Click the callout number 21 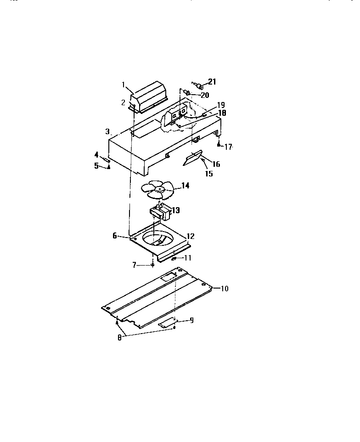212,82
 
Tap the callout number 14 186,186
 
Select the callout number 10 225,289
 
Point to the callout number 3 107,131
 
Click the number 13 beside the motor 175,210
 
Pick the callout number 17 227,147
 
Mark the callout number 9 191,320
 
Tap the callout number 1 124,84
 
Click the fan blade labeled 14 157,189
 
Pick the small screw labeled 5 109,167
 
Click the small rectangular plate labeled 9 167,324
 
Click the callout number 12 191,236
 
